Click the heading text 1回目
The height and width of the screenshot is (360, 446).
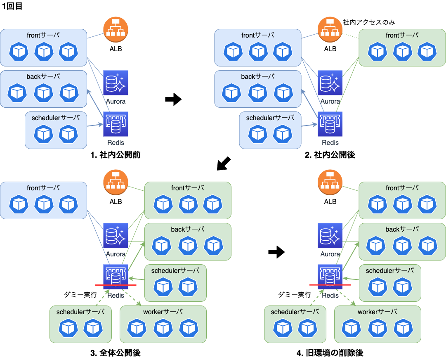[x=12, y=6]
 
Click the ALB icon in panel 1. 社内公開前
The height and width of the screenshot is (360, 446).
[x=116, y=30]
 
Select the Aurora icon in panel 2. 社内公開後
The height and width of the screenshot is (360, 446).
[x=330, y=83]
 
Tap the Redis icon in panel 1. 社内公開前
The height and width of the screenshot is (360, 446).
[x=116, y=124]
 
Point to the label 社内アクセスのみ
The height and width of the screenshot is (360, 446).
[x=369, y=22]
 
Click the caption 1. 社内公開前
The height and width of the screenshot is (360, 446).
[x=116, y=155]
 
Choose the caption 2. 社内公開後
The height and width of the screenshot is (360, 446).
[x=330, y=155]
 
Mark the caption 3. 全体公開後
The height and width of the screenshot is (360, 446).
[x=116, y=353]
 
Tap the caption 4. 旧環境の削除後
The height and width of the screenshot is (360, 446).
[x=330, y=353]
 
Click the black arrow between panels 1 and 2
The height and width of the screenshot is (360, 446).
[x=173, y=99]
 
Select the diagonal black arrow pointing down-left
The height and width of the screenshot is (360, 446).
[x=224, y=163]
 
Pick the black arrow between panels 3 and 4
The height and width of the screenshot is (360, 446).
[x=276, y=252]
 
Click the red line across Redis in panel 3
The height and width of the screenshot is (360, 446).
[x=116, y=285]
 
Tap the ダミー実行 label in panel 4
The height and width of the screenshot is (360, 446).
[x=295, y=295]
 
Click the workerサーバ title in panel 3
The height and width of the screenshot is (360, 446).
[x=163, y=312]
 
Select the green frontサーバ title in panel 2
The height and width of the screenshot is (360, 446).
[x=402, y=35]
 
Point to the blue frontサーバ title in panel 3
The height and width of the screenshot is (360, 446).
[x=43, y=188]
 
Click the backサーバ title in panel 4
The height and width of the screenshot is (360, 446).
[x=402, y=230]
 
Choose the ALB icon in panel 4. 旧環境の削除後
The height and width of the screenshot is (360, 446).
[x=330, y=182]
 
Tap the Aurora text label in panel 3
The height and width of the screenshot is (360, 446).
[x=116, y=254]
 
